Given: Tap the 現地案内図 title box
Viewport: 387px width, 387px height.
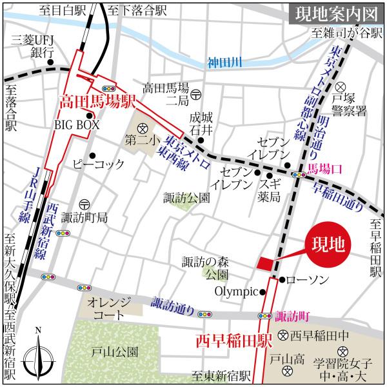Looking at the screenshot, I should (330, 13).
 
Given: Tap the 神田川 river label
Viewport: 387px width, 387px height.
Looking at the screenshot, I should (224, 63).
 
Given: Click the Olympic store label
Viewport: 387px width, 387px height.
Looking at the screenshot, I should (240, 292).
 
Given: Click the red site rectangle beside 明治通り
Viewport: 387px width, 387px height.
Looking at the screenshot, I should (265, 263).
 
